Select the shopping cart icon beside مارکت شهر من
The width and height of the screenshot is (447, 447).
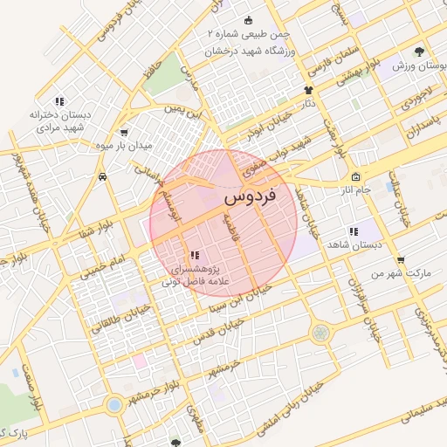pos(401,259)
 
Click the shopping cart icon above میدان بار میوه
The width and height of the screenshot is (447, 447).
pos(124,133)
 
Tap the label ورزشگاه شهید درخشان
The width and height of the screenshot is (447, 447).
pos(258,52)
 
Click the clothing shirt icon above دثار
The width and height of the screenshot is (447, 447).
pos(308,90)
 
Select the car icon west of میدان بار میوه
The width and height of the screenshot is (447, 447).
pos(103,176)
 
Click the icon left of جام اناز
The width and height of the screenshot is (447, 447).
pos(354,177)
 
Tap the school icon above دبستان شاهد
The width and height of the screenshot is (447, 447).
pos(354,232)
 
